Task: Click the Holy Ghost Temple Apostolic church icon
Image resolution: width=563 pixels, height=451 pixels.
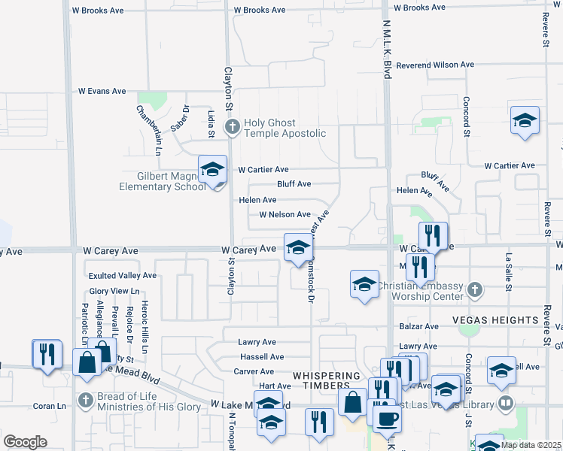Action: pos(233,127)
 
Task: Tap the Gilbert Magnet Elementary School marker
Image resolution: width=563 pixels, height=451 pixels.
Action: pos(213,169)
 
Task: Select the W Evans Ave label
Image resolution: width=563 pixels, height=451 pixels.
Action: pos(102,91)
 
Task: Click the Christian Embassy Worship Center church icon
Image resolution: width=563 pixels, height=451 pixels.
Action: pos(474,289)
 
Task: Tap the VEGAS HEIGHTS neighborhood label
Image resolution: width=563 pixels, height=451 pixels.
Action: pos(495,320)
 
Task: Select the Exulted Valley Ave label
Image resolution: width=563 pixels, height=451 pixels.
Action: pos(123,276)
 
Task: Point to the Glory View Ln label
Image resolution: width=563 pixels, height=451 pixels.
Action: pos(114,291)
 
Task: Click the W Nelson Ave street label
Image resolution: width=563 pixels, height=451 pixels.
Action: pos(285,214)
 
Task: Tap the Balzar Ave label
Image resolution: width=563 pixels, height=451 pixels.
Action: pos(419,327)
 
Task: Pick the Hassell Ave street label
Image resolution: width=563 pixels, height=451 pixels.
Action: pos(262,357)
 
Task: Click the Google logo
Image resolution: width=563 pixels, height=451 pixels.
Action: pos(25,442)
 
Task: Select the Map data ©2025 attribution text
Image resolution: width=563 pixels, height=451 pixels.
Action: pos(531,445)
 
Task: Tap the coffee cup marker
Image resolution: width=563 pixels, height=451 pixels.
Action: pos(388,419)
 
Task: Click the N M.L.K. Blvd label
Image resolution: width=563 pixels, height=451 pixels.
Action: pos(388,50)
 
